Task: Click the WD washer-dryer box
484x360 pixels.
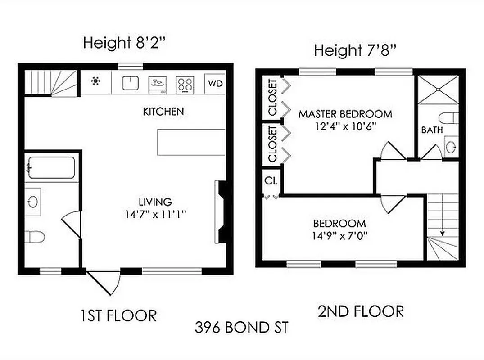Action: tap(215, 84)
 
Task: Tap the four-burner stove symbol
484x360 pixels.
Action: tap(185, 84)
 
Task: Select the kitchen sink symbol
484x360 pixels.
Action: tap(130, 83)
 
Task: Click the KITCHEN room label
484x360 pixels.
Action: tap(163, 112)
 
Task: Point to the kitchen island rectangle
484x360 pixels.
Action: tap(191, 142)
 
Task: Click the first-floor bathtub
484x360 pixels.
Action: tap(51, 168)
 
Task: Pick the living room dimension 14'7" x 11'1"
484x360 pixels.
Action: tap(156, 214)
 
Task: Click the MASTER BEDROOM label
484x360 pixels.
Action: tap(345, 114)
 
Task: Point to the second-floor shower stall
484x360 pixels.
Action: tap(438, 90)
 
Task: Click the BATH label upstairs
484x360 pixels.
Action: tap(432, 130)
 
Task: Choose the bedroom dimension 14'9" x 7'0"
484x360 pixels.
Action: tap(339, 235)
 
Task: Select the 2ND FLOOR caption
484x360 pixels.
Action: tap(361, 311)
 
